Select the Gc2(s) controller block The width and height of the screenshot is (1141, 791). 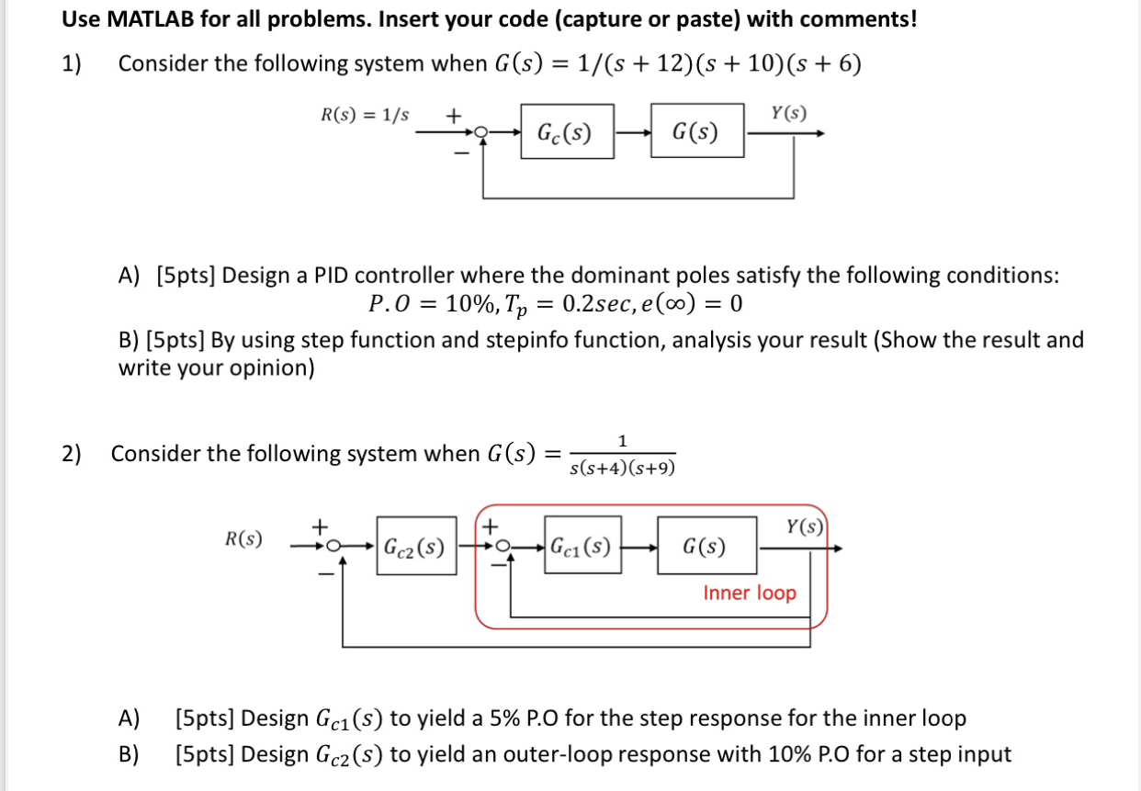[x=415, y=547]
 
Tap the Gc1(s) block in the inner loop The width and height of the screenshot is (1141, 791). [x=580, y=547]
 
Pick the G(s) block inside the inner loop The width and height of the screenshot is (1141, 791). [x=706, y=548]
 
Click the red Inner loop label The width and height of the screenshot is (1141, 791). [x=750, y=593]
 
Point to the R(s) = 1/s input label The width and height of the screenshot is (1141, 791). [x=366, y=116]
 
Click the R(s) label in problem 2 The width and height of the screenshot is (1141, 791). [x=243, y=538]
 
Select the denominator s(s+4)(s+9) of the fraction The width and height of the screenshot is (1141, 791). [x=622, y=469]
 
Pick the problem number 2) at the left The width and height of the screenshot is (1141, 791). [x=72, y=453]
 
